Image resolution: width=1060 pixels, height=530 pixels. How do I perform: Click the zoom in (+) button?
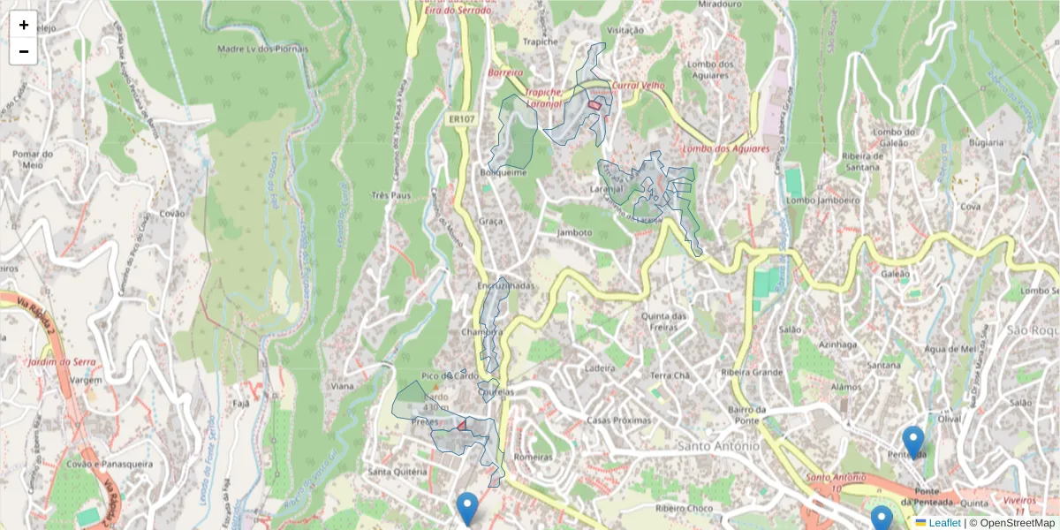(x=24, y=25)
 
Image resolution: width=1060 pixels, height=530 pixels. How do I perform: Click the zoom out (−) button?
(x=24, y=51)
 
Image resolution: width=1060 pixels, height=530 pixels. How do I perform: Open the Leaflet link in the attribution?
(x=943, y=523)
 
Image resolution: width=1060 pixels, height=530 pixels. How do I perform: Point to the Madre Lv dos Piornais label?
(x=262, y=49)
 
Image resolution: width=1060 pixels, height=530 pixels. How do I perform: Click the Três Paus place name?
(x=391, y=195)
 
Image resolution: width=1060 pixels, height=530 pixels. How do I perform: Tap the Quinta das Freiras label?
(x=664, y=322)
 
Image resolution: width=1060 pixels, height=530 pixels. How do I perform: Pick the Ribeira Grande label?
(x=753, y=372)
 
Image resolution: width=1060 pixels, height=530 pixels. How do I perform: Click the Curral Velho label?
(x=638, y=86)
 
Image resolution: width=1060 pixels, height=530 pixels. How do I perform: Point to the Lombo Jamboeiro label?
(x=822, y=201)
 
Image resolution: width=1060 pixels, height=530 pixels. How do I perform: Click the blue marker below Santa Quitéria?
(x=467, y=507)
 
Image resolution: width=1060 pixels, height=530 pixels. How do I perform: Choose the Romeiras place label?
(x=533, y=457)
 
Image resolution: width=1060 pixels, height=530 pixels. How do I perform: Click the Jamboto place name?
(x=575, y=233)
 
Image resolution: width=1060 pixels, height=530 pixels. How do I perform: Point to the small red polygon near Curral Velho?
(x=594, y=105)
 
